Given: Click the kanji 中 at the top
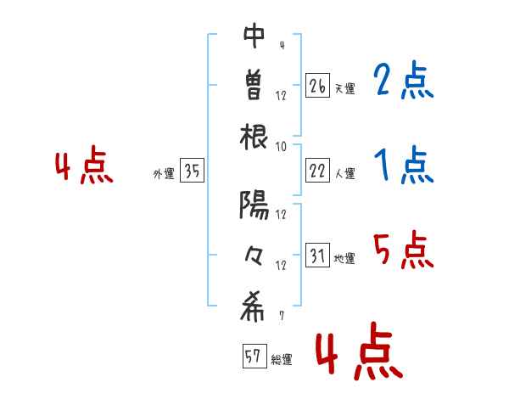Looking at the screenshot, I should pos(255,37).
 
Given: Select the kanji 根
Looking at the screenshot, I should pos(255,137).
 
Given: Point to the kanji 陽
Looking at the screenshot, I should pos(255,206).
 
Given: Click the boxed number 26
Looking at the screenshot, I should pos(317,86).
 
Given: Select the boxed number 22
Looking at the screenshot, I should pos(317,171).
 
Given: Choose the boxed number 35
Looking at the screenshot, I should pos(192,171).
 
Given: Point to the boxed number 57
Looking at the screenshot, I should pos(253,357).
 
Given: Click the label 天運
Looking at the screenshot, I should pos(344,88).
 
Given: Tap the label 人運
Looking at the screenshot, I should pos(344,174).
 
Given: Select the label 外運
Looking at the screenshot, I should pos(164,174).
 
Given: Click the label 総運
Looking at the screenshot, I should pos(281,360).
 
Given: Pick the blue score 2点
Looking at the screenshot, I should pos(404,82).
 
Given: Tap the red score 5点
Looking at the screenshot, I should pos(404,250).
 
